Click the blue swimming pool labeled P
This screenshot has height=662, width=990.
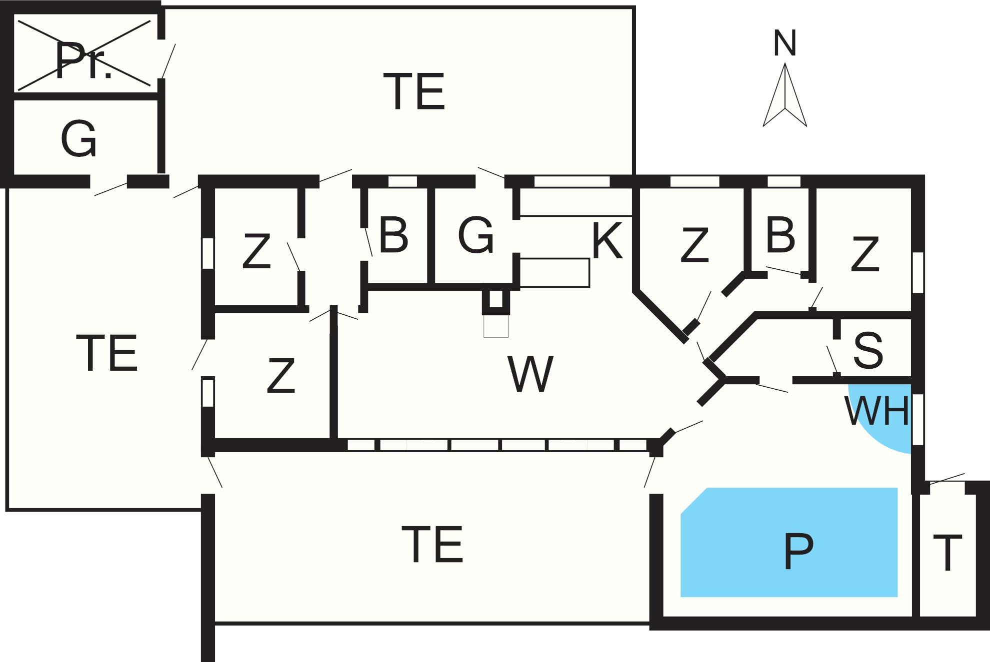coord(789,542)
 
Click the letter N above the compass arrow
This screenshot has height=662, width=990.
coord(784,43)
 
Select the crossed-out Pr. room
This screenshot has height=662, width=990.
coord(84,54)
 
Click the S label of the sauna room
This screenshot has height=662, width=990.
coord(868,350)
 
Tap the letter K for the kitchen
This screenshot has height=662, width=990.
coord(607,241)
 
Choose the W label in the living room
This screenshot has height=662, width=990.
coord(530,374)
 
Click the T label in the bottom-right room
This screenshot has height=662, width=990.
coord(947,553)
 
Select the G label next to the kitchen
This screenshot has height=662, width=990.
coord(475,234)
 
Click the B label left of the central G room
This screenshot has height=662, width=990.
coord(393,234)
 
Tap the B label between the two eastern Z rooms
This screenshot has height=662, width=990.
coord(780,234)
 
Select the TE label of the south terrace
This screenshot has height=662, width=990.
coord(432,544)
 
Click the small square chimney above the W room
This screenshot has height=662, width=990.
coord(495,300)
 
